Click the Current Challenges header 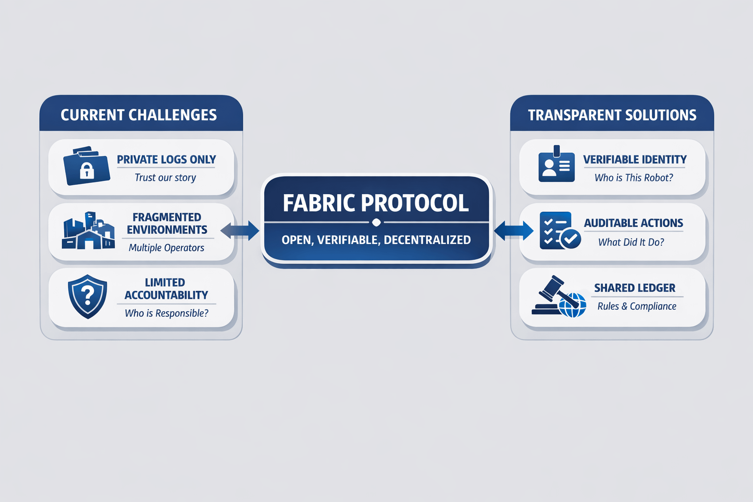(x=139, y=115)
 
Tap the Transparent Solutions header (x=612, y=115)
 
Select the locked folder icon (x=87, y=165)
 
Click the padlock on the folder (x=87, y=170)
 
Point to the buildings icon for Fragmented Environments (x=88, y=231)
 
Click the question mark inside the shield (x=87, y=296)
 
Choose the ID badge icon (x=556, y=164)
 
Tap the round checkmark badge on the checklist (x=571, y=239)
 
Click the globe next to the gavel (x=573, y=305)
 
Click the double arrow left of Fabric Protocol (x=240, y=231)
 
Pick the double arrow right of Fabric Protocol (x=514, y=231)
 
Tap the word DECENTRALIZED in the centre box (x=427, y=240)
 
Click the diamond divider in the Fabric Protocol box (x=376, y=223)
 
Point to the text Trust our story (x=165, y=177)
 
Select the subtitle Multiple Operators (x=166, y=248)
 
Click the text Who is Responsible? (x=166, y=313)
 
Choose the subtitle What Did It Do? (x=631, y=242)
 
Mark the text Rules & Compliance (x=637, y=306)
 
